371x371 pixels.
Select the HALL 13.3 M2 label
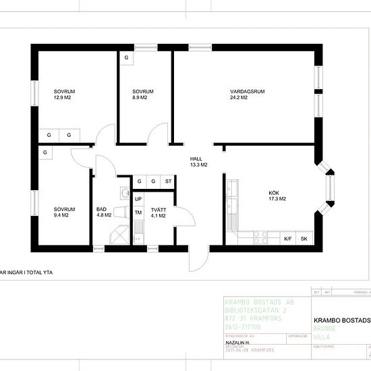click(x=198, y=161)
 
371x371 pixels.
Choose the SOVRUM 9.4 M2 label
click(x=64, y=212)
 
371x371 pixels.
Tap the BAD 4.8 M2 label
click(x=103, y=212)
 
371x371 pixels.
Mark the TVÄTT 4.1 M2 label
click(x=159, y=212)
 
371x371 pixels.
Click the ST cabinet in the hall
click(x=168, y=181)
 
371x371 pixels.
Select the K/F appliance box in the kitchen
click(x=288, y=239)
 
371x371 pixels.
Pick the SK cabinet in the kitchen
click(x=304, y=239)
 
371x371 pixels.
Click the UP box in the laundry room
click(x=138, y=199)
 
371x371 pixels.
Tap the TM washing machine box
click(x=138, y=213)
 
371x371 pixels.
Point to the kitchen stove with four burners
click(x=260, y=237)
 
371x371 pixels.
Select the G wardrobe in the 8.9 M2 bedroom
click(x=126, y=58)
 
